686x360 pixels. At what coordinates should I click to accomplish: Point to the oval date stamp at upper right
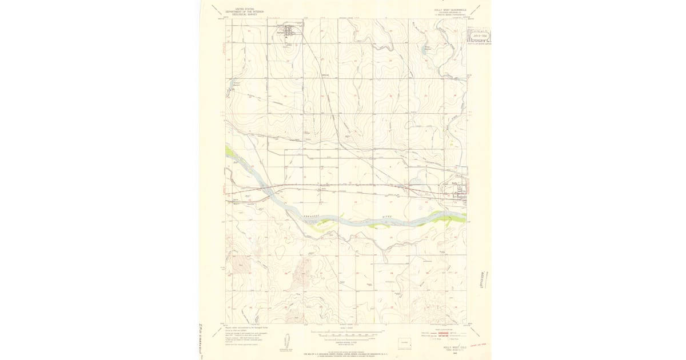(481, 35)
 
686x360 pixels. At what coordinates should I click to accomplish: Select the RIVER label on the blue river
(389, 218)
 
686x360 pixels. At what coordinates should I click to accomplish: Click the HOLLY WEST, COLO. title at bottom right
(455, 347)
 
